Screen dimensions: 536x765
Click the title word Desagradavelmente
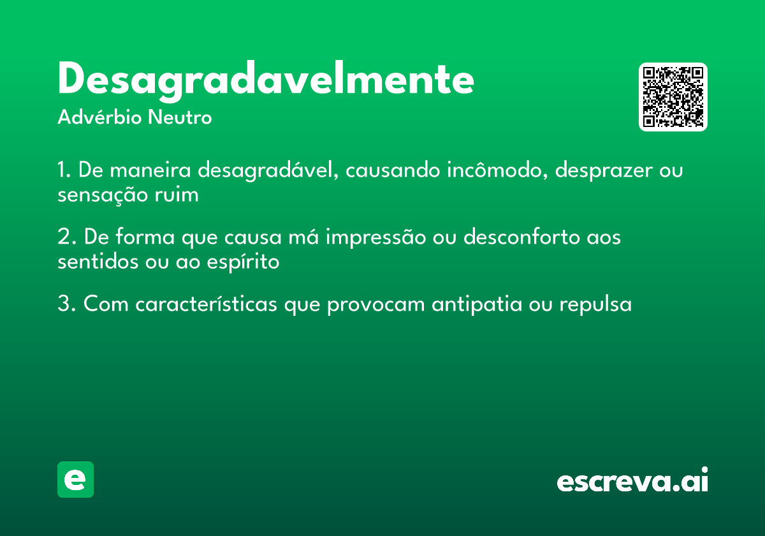(x=265, y=80)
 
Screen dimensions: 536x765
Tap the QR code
(x=673, y=97)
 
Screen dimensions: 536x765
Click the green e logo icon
(x=75, y=479)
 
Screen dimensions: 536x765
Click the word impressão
(x=375, y=237)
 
